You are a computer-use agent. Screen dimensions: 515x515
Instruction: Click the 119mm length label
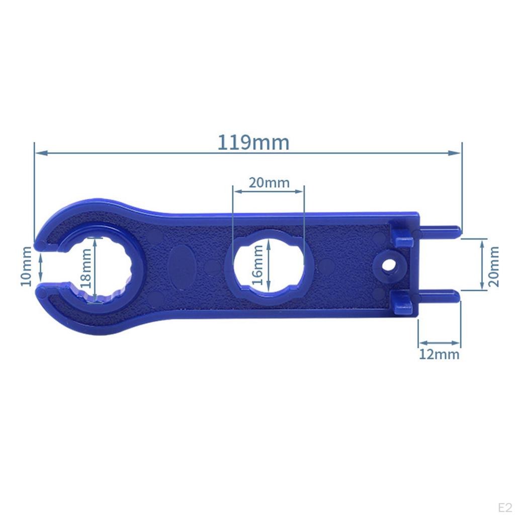[253, 142]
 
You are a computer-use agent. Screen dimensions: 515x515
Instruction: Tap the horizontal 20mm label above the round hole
[269, 183]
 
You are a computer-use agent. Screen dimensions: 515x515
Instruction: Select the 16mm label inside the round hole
[258, 265]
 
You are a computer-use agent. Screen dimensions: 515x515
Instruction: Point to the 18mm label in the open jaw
[85, 269]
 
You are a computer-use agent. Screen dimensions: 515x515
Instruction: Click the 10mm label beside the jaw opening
[26, 267]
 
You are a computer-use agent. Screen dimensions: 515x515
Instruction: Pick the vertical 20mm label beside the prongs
[494, 267]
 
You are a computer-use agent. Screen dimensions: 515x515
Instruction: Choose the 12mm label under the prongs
[439, 355]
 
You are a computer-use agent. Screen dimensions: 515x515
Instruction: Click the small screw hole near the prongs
[389, 265]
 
